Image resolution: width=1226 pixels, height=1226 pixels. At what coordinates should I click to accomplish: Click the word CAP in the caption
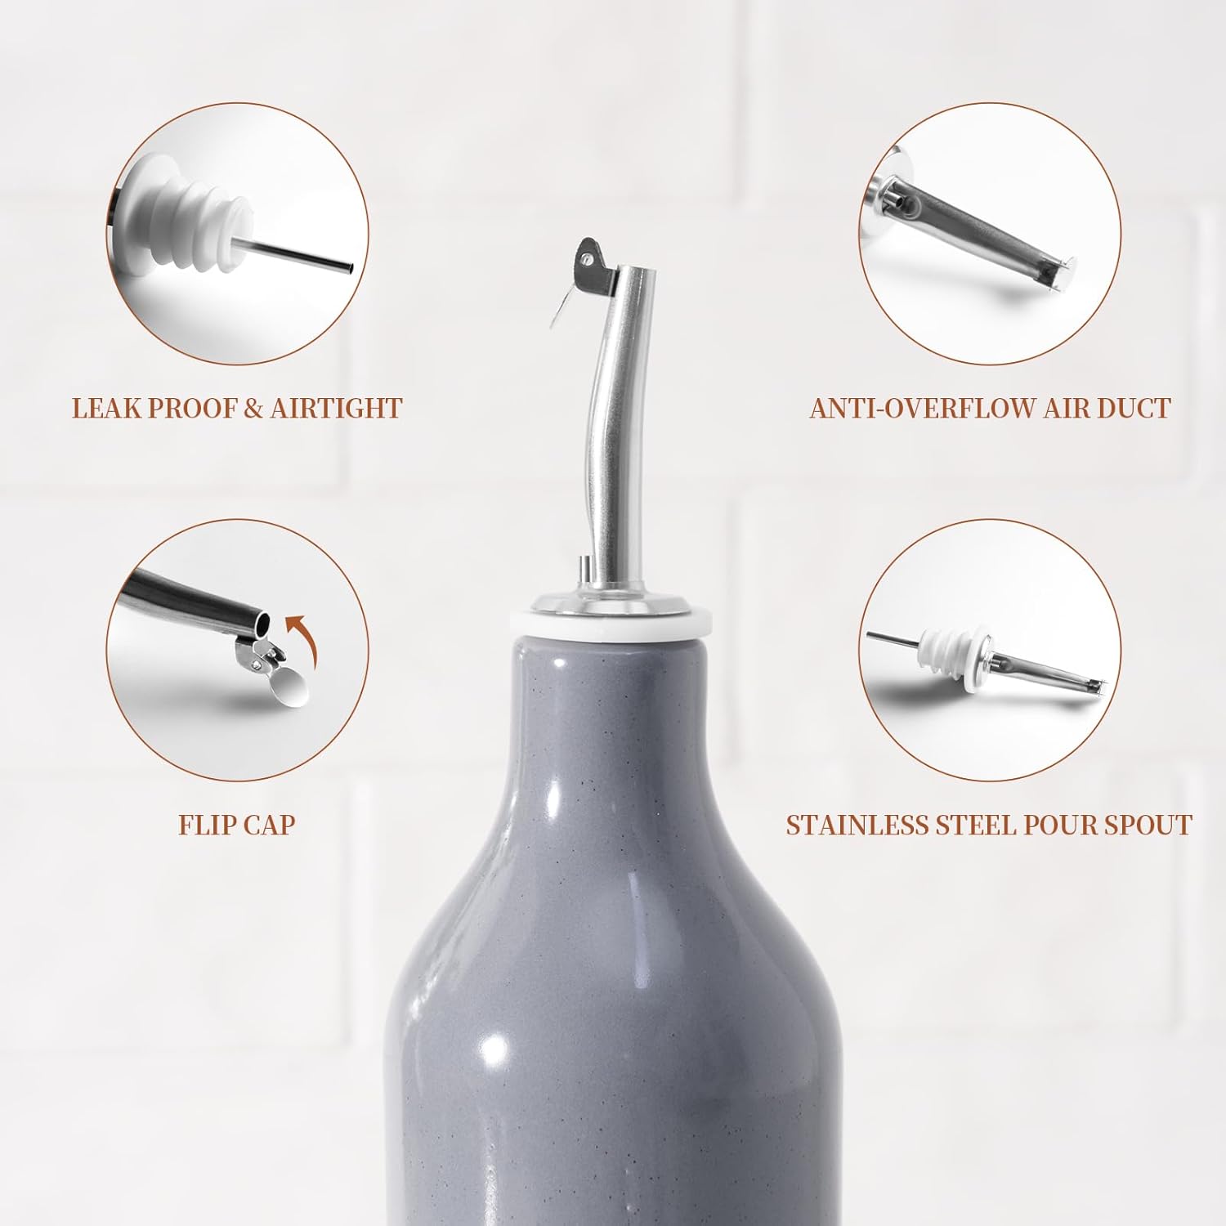pyautogui.click(x=269, y=825)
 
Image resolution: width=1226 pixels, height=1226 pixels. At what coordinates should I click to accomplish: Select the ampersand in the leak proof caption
pyautogui.click(x=253, y=408)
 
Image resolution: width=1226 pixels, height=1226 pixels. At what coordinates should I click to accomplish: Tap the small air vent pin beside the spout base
pyautogui.click(x=584, y=570)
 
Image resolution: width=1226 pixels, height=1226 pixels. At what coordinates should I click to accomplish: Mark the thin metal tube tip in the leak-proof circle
pyautogui.click(x=347, y=267)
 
